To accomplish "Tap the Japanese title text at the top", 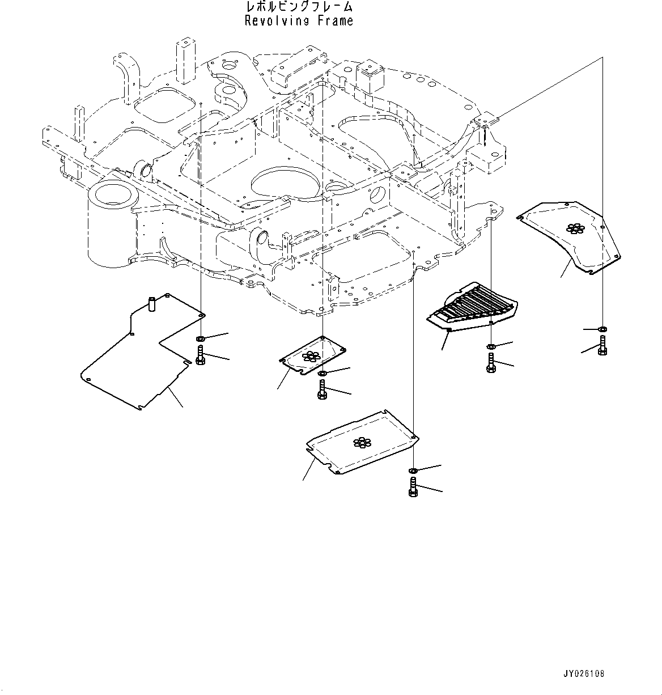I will pyautogui.click(x=299, y=7).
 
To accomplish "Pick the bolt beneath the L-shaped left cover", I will pyautogui.click(x=200, y=356).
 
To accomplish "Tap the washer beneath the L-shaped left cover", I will pyautogui.click(x=200, y=339).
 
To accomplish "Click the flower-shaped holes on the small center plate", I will pyautogui.click(x=310, y=356).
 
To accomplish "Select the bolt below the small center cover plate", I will pyautogui.click(x=322, y=389).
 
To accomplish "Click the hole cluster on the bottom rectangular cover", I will pyautogui.click(x=360, y=442).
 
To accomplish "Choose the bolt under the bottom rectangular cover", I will pyautogui.click(x=413, y=487).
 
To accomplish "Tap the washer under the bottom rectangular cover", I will pyautogui.click(x=413, y=471).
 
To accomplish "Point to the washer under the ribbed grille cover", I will pyautogui.click(x=491, y=346).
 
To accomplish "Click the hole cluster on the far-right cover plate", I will pyautogui.click(x=576, y=228).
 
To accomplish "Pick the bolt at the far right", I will pyautogui.click(x=602, y=345).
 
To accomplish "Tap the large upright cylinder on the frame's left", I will pyautogui.click(x=111, y=224).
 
